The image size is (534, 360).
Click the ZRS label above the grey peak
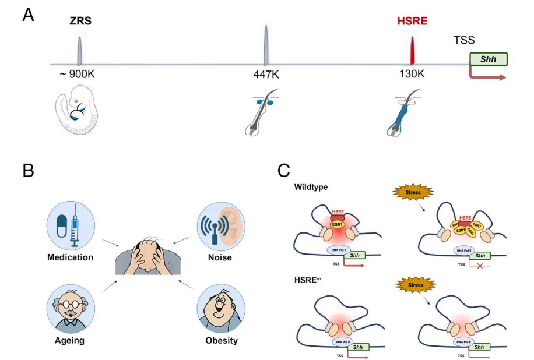click(x=79, y=22)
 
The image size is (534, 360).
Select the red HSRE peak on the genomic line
click(x=413, y=51)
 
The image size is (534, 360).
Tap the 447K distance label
click(x=266, y=75)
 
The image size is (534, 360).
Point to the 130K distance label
click(x=413, y=75)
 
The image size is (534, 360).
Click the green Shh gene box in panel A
click(x=488, y=59)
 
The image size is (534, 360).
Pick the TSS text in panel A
click(x=464, y=40)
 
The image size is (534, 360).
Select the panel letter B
click(x=28, y=171)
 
